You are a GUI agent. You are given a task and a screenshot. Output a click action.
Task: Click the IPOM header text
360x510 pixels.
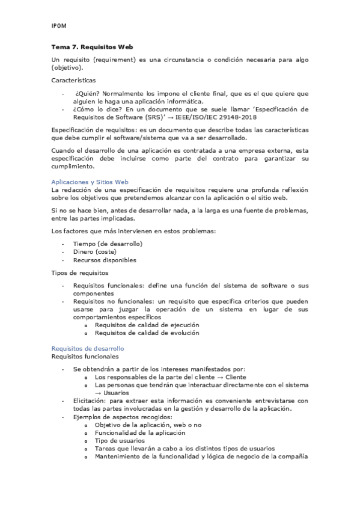(x=59, y=26)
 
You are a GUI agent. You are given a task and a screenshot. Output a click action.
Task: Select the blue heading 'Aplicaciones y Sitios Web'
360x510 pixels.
(x=90, y=182)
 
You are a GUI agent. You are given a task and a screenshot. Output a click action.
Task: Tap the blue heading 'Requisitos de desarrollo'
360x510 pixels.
(x=88, y=348)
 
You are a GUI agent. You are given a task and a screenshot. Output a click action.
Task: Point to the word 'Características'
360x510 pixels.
(x=73, y=80)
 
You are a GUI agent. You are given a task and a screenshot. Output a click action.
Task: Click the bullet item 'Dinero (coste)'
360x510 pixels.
(x=95, y=252)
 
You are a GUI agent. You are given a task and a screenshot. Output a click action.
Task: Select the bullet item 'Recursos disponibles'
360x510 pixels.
(x=105, y=260)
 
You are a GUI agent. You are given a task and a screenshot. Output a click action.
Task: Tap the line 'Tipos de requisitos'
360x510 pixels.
(x=79, y=272)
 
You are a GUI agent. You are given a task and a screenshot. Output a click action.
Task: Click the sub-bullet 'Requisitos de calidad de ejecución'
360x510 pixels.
(x=147, y=325)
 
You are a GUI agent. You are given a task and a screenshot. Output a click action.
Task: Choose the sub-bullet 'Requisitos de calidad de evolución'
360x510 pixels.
(x=147, y=333)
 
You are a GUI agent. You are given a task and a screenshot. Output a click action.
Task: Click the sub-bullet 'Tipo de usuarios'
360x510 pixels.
(x=120, y=440)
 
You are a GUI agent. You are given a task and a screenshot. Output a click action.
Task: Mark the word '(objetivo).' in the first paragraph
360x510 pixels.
(x=68, y=68)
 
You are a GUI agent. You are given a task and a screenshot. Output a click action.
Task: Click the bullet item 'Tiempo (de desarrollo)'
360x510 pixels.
(x=108, y=244)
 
